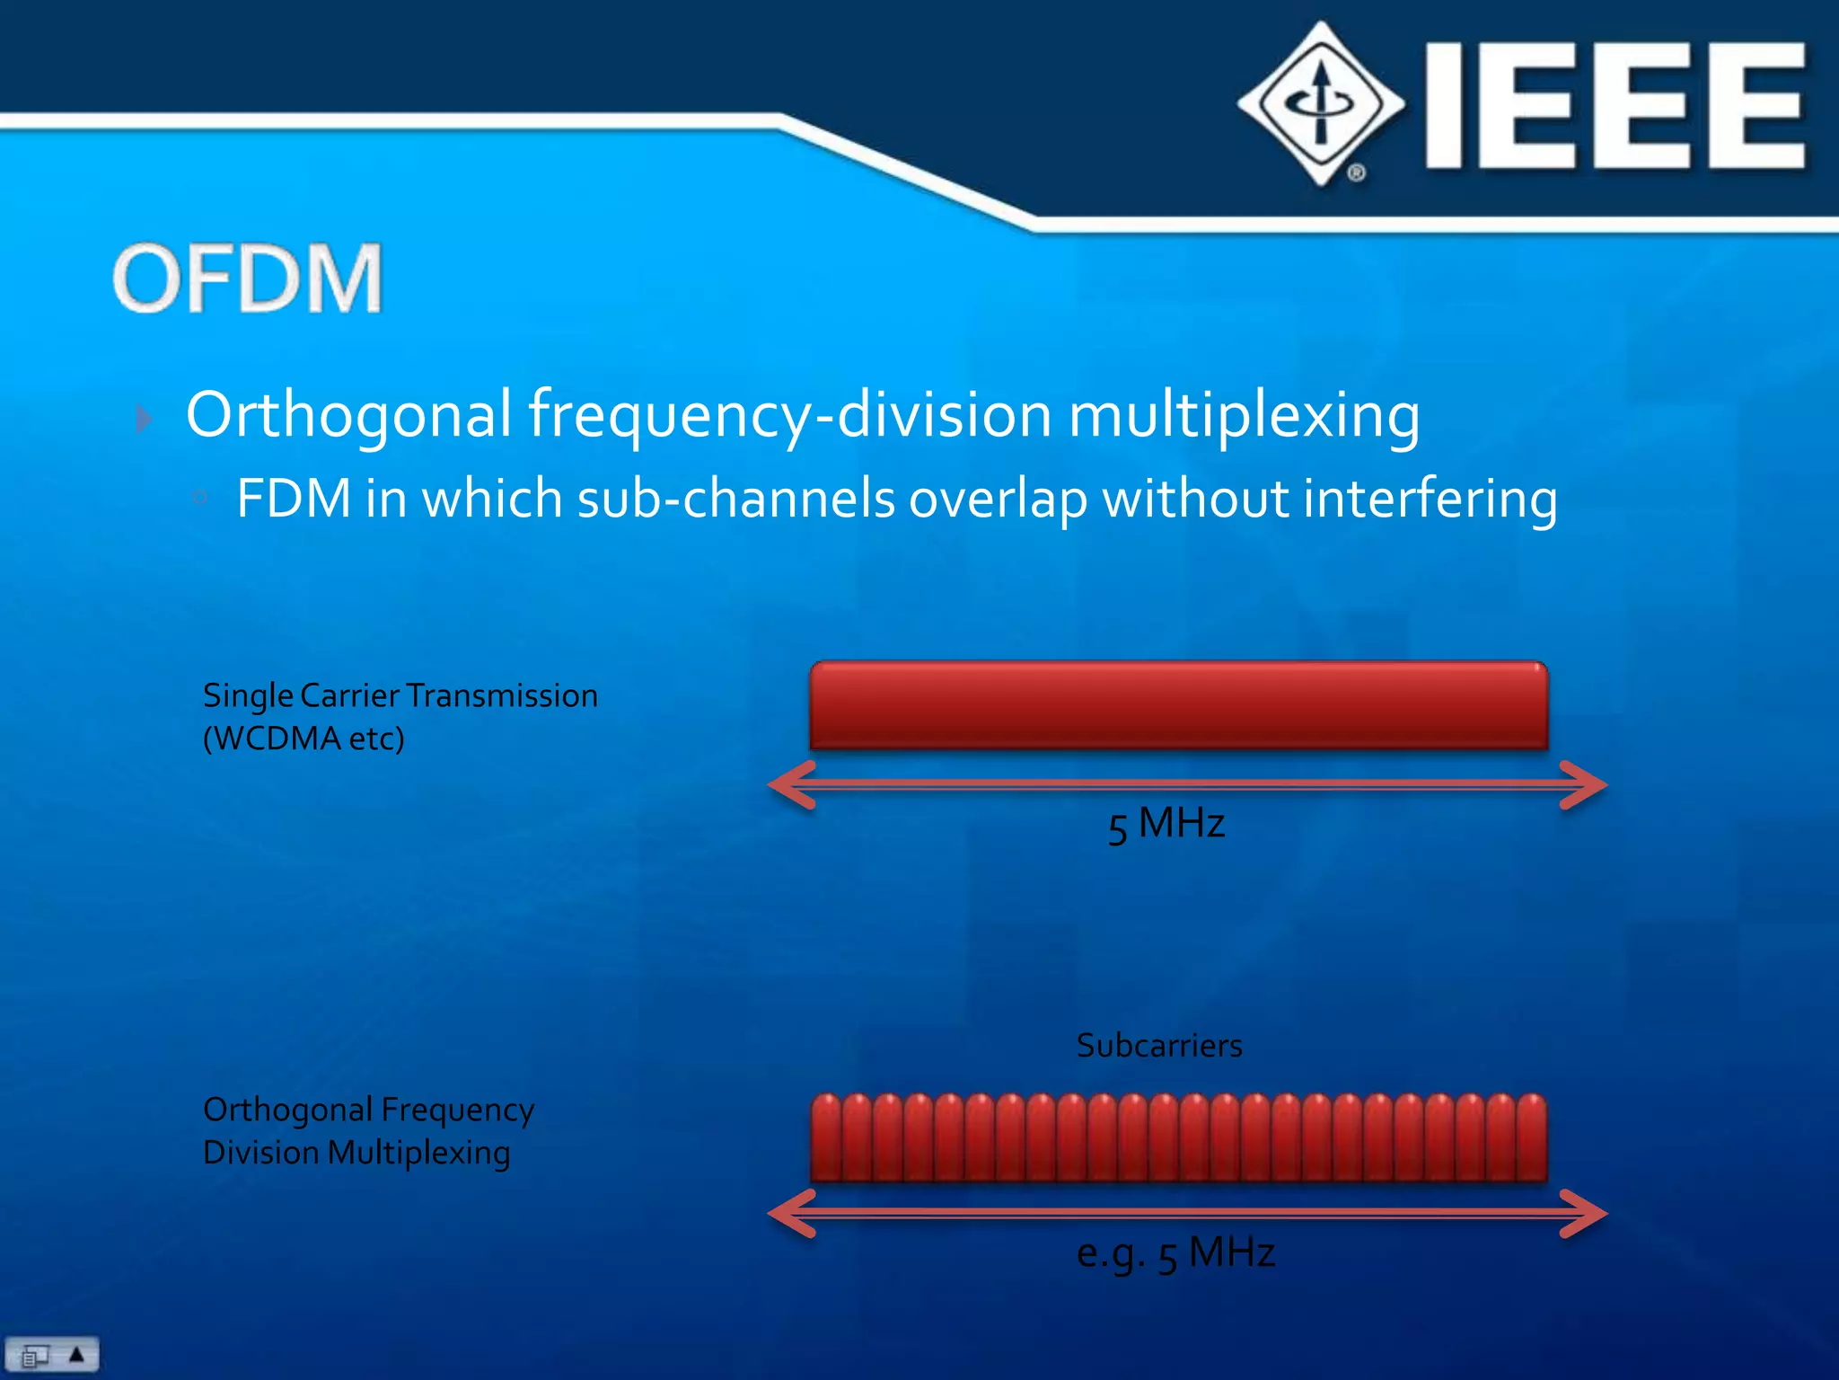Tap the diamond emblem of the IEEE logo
click(1321, 104)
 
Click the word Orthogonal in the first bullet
click(348, 415)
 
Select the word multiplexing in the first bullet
click(1244, 415)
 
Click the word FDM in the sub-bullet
click(293, 499)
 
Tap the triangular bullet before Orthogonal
click(144, 419)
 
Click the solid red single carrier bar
click(1178, 706)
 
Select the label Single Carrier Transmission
click(400, 695)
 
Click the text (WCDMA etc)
click(304, 739)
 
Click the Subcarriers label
click(1158, 1045)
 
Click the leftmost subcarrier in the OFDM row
click(826, 1137)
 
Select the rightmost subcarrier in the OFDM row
click(1531, 1137)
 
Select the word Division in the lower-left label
click(260, 1153)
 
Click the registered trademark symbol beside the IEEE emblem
click(1356, 172)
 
